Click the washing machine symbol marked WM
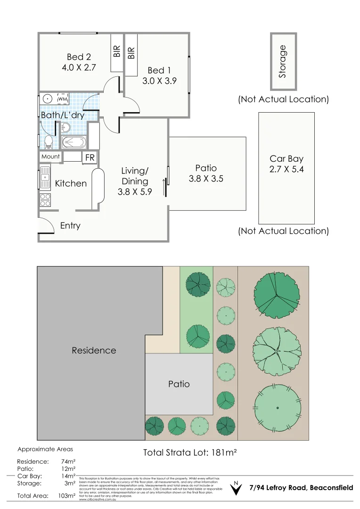click(x=63, y=99)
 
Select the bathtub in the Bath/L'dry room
click(x=74, y=142)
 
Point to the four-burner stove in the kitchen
click(x=45, y=200)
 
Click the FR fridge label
click(x=90, y=158)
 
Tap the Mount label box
click(x=50, y=156)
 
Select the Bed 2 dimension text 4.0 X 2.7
click(x=79, y=67)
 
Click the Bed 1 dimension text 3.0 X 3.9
click(x=159, y=81)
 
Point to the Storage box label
click(x=283, y=61)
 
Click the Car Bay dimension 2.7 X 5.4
click(x=286, y=169)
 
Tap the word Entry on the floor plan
click(x=70, y=226)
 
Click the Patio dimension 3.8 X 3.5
click(x=206, y=179)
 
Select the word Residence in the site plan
click(x=94, y=350)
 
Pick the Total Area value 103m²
click(x=66, y=496)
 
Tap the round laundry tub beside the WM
click(x=47, y=99)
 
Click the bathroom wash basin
click(x=65, y=127)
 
